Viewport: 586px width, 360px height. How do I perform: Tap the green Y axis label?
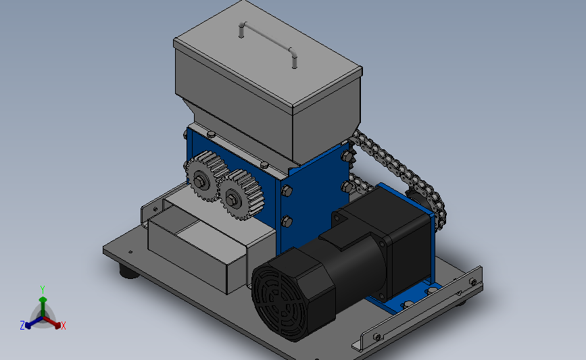pyautogui.click(x=43, y=290)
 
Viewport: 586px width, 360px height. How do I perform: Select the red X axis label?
pyautogui.click(x=63, y=326)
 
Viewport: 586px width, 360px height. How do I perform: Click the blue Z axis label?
pyautogui.click(x=22, y=326)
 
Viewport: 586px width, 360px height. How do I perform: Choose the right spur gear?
pyautogui.click(x=241, y=195)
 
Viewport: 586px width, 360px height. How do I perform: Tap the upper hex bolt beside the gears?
pyautogui.click(x=287, y=191)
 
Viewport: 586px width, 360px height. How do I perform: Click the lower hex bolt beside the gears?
pyautogui.click(x=287, y=221)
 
